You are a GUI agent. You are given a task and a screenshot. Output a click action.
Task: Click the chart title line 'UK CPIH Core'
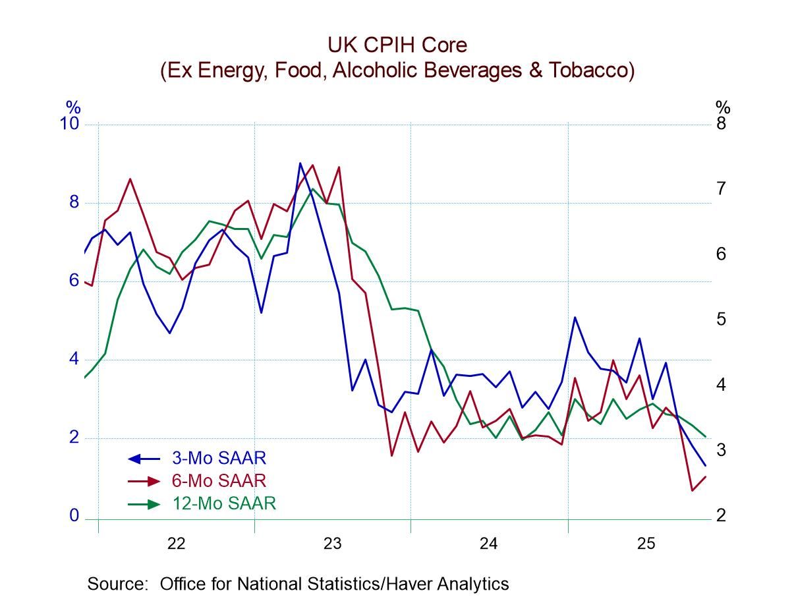pos(397,45)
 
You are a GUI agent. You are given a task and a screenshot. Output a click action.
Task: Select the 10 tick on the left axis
pos(70,124)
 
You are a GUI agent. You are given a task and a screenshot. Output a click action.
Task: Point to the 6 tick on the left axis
pos(74,281)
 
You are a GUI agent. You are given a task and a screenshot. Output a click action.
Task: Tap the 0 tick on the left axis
pos(74,516)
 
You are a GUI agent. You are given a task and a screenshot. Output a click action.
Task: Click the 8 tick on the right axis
pos(721,124)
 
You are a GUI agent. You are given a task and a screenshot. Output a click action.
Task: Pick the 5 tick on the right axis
pos(721,320)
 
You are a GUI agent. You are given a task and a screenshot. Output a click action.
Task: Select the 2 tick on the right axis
pos(721,515)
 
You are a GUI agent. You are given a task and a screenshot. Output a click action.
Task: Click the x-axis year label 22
pos(176,544)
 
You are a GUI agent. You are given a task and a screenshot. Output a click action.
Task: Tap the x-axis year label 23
pos(332,544)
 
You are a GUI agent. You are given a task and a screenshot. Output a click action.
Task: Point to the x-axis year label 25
pos(645,544)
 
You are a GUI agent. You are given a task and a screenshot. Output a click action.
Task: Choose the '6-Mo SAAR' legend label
pos(219,481)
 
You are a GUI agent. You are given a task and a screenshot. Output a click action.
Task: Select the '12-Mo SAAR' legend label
pos(223,504)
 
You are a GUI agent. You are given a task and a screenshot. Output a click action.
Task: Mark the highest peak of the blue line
pos(300,163)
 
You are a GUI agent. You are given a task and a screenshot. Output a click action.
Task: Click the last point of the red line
pos(706,476)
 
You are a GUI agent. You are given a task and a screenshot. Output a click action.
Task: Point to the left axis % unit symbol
pos(72,107)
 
